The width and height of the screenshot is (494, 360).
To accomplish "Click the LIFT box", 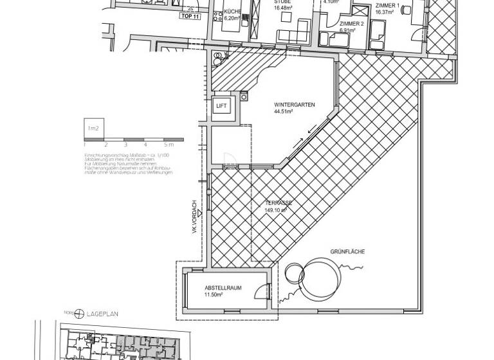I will click(221, 105).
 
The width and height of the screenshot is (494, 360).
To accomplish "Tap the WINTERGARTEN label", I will click(294, 104).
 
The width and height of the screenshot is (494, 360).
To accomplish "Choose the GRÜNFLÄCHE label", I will click(348, 252).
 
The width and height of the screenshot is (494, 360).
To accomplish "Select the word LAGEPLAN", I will click(102, 314).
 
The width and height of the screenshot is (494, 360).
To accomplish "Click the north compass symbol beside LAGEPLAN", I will click(79, 314).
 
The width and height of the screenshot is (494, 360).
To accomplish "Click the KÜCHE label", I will click(232, 13).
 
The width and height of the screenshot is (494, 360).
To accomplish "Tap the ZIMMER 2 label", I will click(351, 23).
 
